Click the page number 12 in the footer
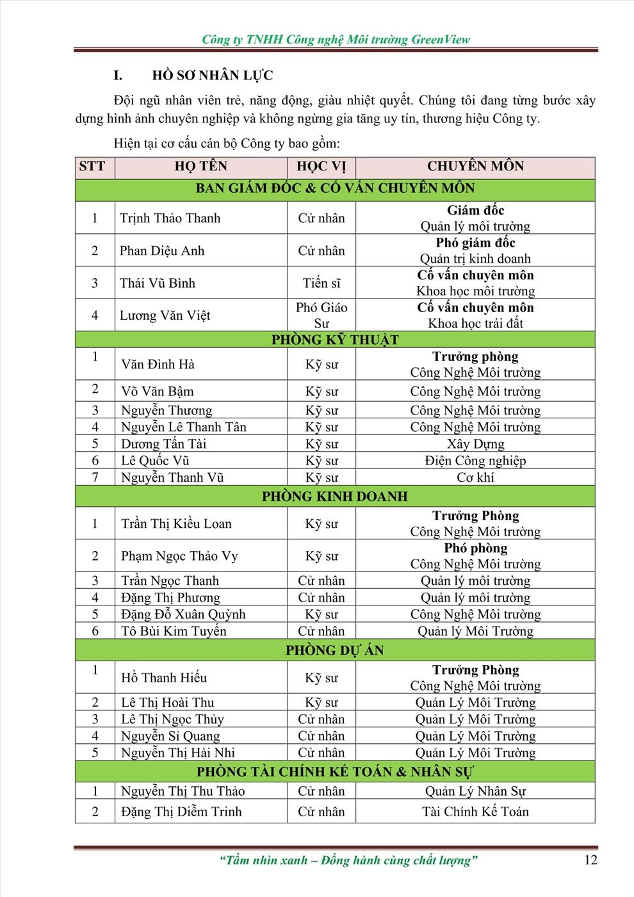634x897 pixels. [x=590, y=860]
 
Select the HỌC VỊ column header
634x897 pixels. [x=321, y=167]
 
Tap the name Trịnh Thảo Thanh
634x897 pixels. [x=170, y=218]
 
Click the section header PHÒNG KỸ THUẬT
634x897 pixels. [x=335, y=340]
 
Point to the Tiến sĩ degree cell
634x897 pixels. [x=321, y=283]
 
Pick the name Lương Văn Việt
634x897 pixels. [x=165, y=315]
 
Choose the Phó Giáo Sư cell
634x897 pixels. [x=321, y=315]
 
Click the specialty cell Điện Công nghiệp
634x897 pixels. [x=475, y=461]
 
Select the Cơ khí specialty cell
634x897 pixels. [x=475, y=477]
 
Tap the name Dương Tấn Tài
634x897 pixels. [x=163, y=444]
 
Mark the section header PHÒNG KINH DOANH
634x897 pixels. [x=335, y=497]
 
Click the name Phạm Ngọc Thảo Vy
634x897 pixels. [x=179, y=555]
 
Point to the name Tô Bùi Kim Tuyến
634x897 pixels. [x=174, y=631]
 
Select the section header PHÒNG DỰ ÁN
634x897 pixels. [x=335, y=650]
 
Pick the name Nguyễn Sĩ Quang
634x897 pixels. [x=170, y=736]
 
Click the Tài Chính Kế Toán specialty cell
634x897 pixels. [x=475, y=812]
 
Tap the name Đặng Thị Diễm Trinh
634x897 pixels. [x=181, y=812]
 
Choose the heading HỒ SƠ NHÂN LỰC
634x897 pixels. [x=212, y=76]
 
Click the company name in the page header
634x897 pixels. [x=336, y=40]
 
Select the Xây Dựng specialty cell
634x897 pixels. [x=475, y=444]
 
